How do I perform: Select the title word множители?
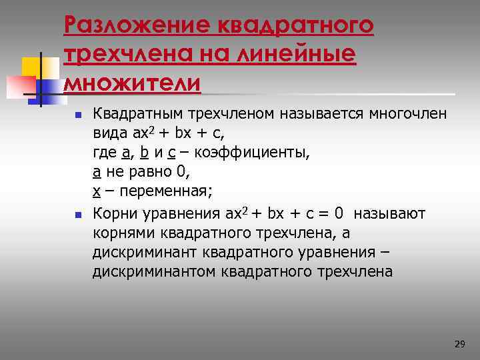click(132, 85)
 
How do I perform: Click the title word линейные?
click(294, 55)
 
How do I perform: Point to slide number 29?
click(459, 344)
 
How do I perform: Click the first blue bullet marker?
click(77, 115)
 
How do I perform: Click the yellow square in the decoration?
click(31, 67)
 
